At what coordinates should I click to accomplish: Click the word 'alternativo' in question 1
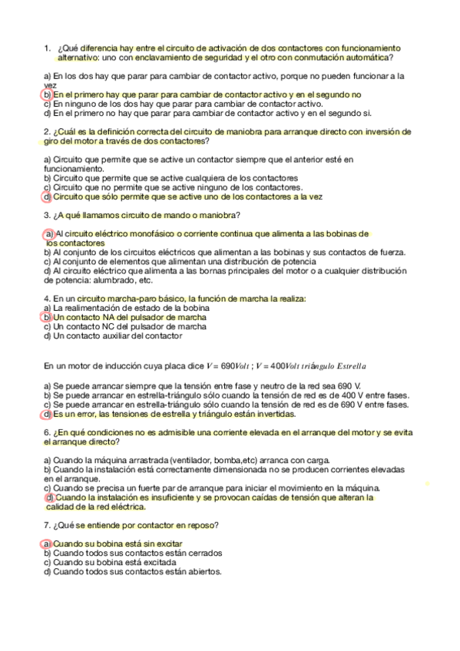click(x=79, y=57)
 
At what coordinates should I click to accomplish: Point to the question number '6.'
click(x=48, y=432)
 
